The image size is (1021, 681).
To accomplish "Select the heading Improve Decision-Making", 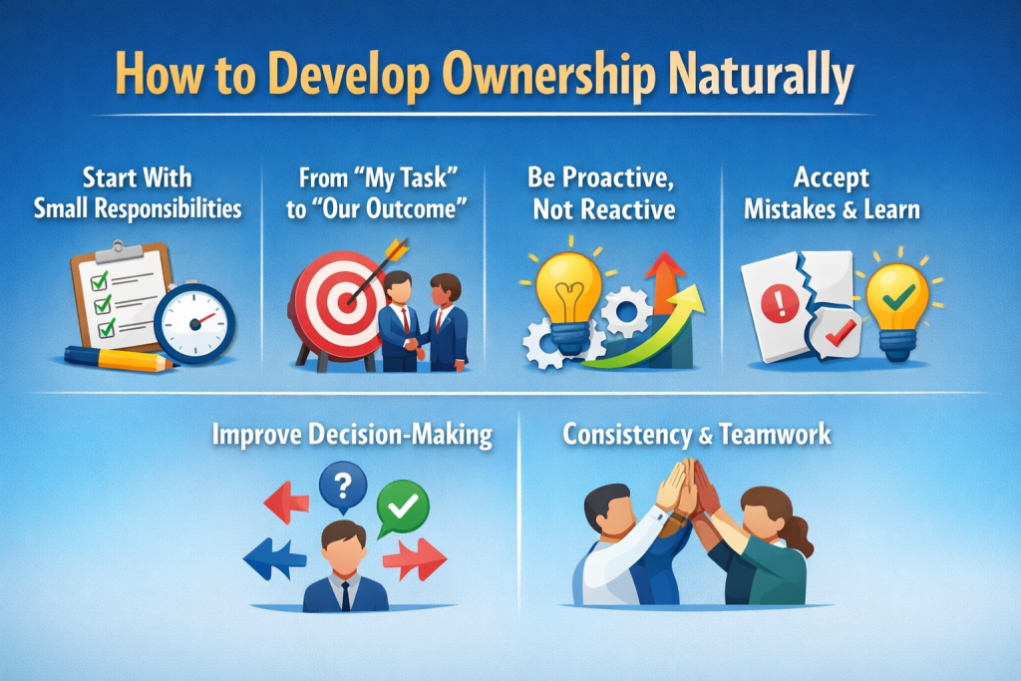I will [352, 436].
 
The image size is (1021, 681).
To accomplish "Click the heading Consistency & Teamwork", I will [696, 436].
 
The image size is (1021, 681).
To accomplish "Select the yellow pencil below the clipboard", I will [120, 358].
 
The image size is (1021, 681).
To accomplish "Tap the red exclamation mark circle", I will [776, 300].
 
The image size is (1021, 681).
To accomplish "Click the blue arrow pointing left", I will [271, 558].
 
